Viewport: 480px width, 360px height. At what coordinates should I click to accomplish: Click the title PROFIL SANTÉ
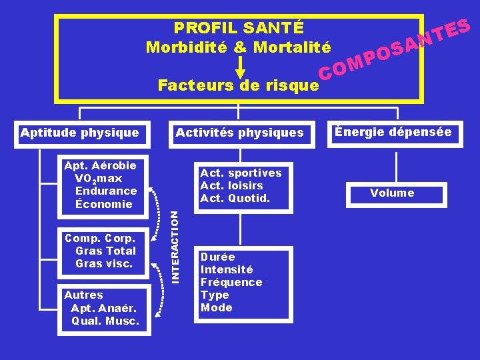[x=239, y=28]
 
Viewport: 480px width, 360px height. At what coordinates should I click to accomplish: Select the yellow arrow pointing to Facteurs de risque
[x=241, y=66]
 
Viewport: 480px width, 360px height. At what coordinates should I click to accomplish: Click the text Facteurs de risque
[x=238, y=85]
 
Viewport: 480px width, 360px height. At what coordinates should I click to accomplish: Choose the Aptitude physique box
[x=79, y=133]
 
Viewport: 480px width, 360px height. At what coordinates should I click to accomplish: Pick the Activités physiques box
[x=239, y=133]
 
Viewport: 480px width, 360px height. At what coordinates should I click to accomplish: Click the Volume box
[x=393, y=193]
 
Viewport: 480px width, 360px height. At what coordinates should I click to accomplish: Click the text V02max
[x=99, y=179]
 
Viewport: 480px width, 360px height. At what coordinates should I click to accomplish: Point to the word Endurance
[x=106, y=191]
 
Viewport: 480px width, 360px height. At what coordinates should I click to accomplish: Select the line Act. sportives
[x=241, y=173]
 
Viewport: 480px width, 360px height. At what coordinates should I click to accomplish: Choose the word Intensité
[x=227, y=270]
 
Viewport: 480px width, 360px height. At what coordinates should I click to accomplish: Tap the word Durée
[x=217, y=257]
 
